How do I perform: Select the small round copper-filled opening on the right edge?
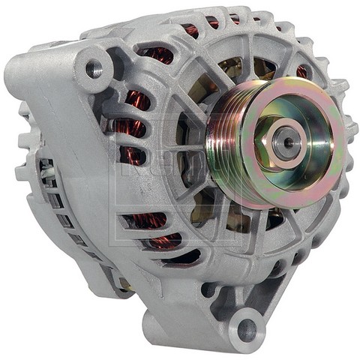click(x=301, y=71)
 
